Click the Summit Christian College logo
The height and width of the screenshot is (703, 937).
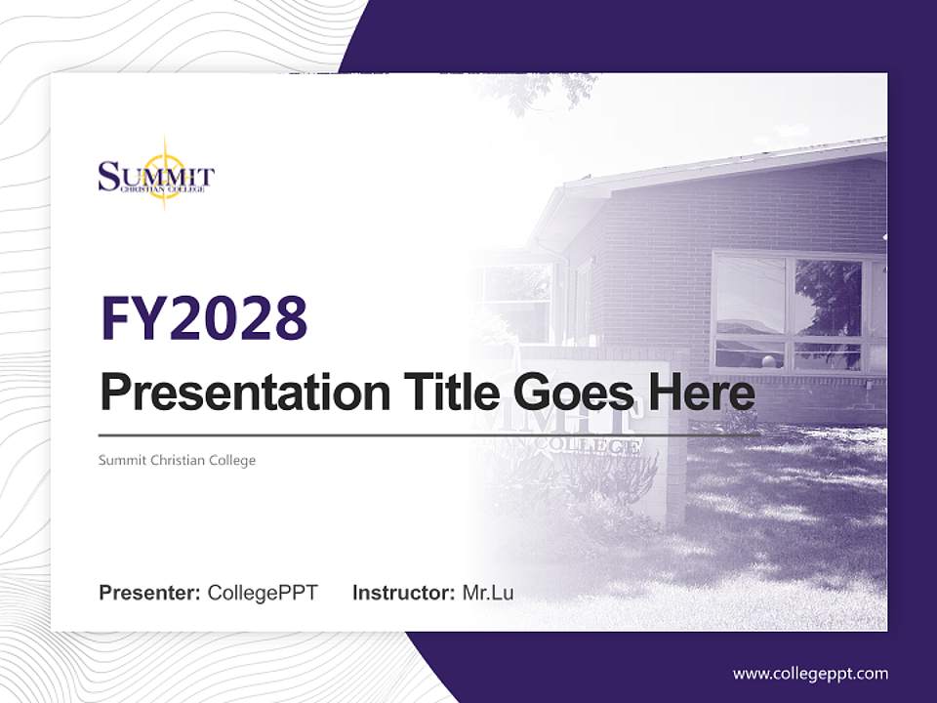(156, 177)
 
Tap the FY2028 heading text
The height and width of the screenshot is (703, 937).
(204, 317)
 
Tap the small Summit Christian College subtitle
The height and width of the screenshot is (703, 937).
(177, 460)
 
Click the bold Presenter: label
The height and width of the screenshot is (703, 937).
(150, 593)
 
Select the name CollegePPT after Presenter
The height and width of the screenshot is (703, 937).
(263, 593)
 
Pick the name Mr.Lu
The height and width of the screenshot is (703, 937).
(488, 593)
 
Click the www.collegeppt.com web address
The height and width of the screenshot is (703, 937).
(810, 674)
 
